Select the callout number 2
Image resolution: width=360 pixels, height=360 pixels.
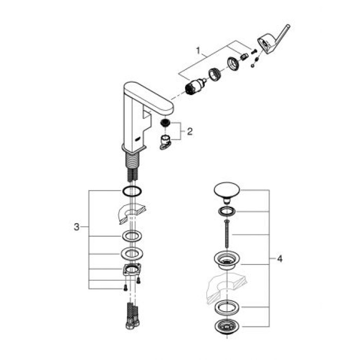(190, 132)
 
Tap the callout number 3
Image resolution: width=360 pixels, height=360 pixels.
(77, 227)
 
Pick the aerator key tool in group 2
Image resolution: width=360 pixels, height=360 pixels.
(166, 143)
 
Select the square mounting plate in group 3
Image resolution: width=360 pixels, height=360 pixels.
(131, 269)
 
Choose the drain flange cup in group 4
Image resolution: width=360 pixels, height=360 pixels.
(225, 261)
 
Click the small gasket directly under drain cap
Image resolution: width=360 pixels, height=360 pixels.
(225, 211)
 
